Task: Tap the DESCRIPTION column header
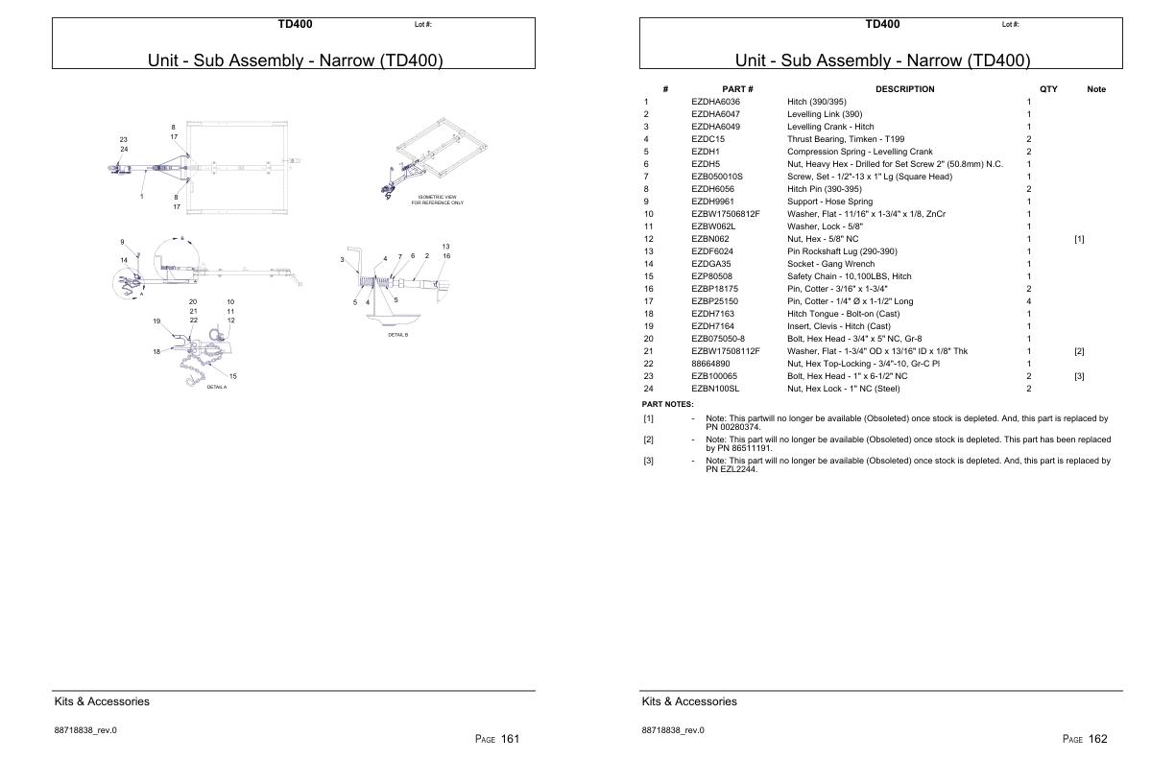904,89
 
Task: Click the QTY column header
1048,89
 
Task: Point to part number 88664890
711,364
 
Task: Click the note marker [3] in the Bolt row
1079,376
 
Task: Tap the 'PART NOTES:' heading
667,404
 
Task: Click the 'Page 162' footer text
1085,739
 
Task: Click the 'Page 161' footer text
497,739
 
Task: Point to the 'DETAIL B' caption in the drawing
398,335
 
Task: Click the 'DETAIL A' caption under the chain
217,387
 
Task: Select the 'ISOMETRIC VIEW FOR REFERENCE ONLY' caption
437,201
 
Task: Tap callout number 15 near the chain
232,376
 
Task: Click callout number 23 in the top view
124,139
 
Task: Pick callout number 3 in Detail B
342,259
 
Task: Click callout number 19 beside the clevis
156,321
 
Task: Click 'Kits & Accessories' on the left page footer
102,701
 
